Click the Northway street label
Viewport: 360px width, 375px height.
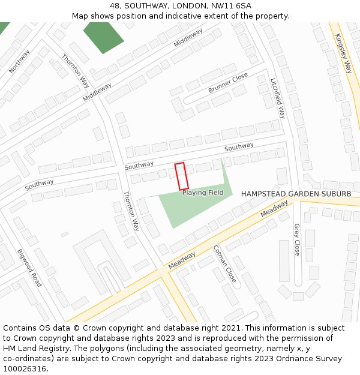point(19,61)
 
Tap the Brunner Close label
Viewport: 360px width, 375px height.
point(228,83)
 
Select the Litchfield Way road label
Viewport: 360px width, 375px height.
point(278,98)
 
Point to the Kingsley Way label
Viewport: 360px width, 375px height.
point(343,53)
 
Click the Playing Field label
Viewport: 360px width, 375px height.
point(203,193)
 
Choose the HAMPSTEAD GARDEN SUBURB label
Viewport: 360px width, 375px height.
point(296,194)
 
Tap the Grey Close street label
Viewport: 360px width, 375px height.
point(296,240)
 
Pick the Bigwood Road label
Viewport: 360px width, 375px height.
point(29,268)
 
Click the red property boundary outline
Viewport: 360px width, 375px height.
point(181,176)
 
